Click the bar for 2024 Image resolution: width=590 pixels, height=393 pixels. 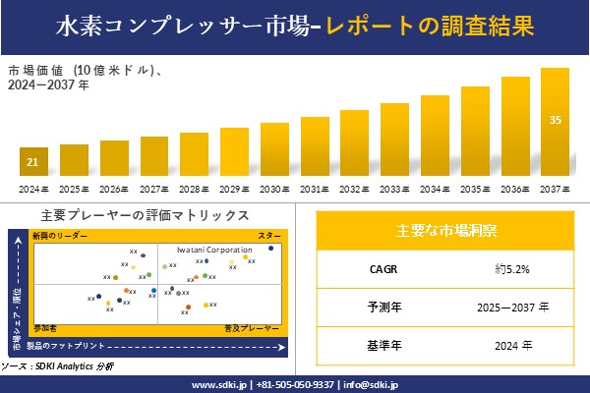pyautogui.click(x=33, y=161)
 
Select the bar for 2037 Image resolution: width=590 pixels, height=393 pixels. pyautogui.click(x=556, y=122)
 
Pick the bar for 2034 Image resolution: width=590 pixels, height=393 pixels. pyautogui.click(x=435, y=136)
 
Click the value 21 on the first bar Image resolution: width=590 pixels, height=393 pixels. pyautogui.click(x=33, y=162)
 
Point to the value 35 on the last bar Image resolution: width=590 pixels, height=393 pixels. pyautogui.click(x=556, y=121)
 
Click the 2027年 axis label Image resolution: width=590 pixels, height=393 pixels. pyautogui.click(x=154, y=189)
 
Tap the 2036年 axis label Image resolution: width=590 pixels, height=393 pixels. pyautogui.click(x=515, y=189)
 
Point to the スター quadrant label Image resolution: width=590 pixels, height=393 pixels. pyautogui.click(x=269, y=237)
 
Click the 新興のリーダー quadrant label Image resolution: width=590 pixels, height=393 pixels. pyautogui.click(x=60, y=237)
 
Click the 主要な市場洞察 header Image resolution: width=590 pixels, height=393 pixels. pyautogui.click(x=445, y=231)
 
